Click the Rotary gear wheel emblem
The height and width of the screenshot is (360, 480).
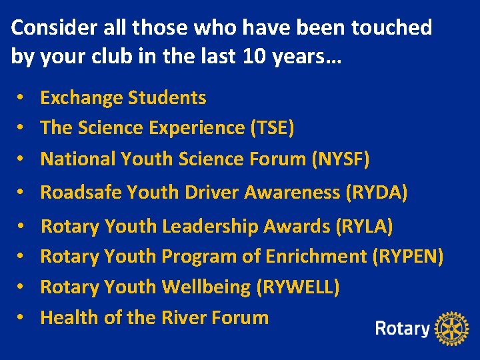point(452,328)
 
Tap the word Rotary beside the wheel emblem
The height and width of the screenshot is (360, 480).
point(403,328)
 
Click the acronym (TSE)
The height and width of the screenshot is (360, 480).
point(271,128)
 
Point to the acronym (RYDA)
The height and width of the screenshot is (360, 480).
point(376,193)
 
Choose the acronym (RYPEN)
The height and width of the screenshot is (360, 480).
point(408,256)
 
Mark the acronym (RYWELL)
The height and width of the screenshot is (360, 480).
point(298,287)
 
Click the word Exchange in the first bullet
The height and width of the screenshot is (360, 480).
point(81,98)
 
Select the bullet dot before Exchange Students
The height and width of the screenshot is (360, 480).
point(22,98)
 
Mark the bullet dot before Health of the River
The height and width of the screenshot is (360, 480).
point(22,317)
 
